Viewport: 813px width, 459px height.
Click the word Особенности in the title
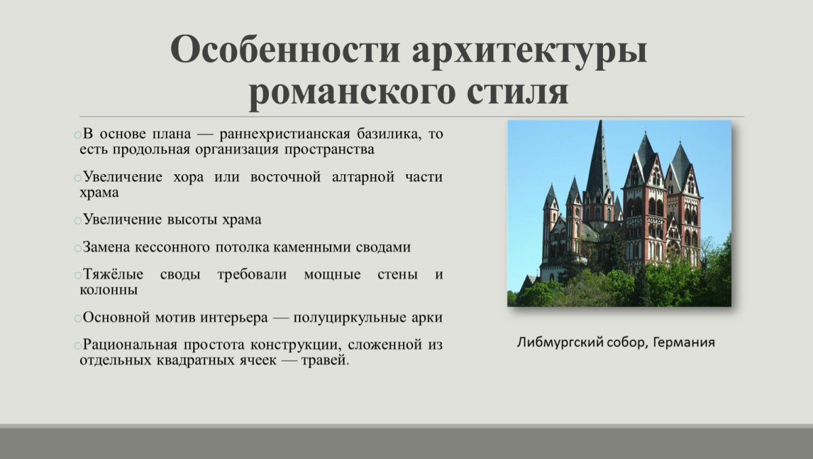pyautogui.click(x=285, y=49)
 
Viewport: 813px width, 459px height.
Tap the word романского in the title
pyautogui.click(x=352, y=93)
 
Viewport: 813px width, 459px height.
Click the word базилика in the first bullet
pyautogui.click(x=390, y=134)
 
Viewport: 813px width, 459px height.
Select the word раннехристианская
pyautogui.click(x=285, y=135)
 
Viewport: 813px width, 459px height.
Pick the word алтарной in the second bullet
pyautogui.click(x=363, y=178)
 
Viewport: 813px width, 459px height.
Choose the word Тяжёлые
pyautogui.click(x=113, y=274)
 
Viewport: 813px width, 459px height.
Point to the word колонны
pyautogui.click(x=108, y=290)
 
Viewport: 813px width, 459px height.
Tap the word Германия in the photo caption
pyautogui.click(x=684, y=342)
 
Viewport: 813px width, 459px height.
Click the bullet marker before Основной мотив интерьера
pyautogui.click(x=78, y=319)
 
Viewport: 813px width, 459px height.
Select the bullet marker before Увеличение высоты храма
pyautogui.click(x=78, y=221)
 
